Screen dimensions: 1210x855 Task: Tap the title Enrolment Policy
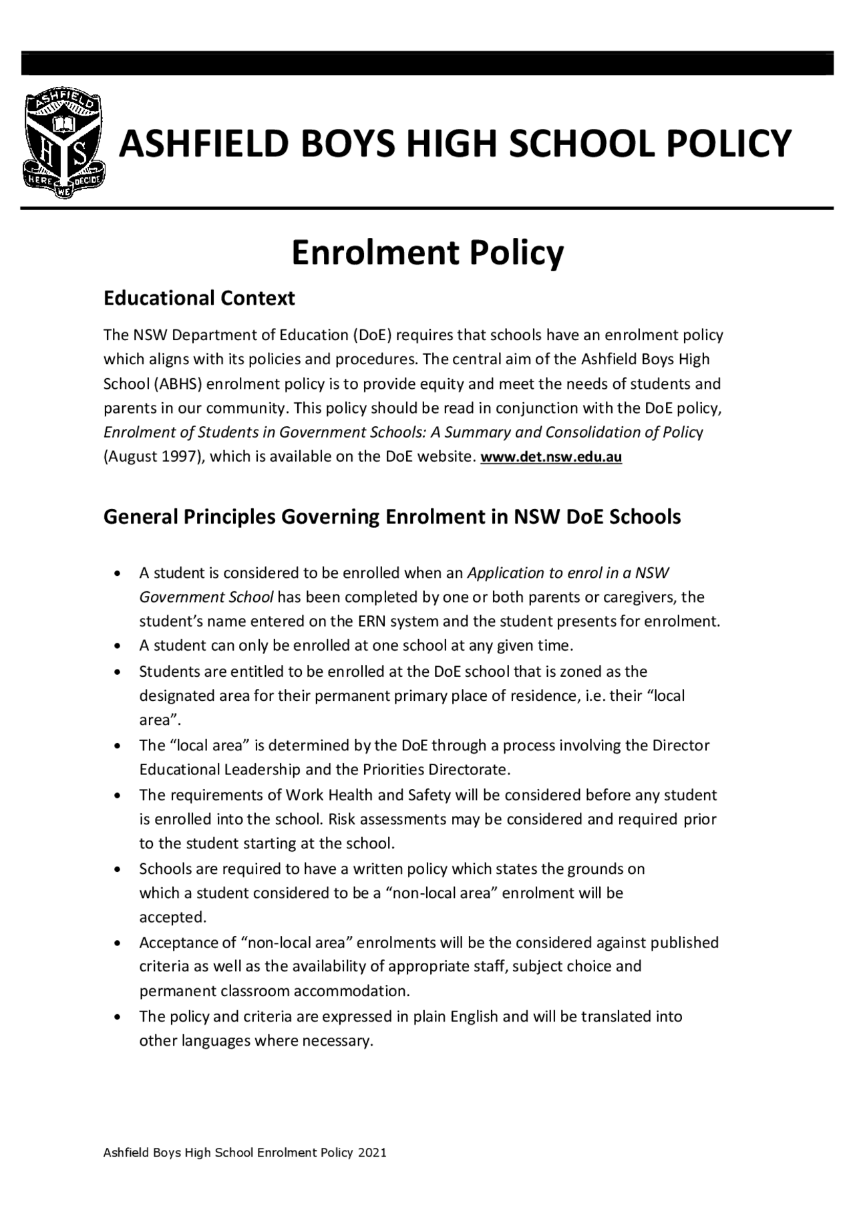click(427, 253)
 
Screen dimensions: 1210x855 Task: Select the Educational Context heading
click(198, 298)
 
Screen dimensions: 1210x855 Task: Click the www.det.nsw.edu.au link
click(551, 458)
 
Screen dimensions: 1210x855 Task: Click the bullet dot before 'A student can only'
click(118, 647)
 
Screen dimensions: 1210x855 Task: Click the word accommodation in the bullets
click(351, 991)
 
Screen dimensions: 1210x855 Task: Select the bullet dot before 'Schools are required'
click(118, 870)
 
